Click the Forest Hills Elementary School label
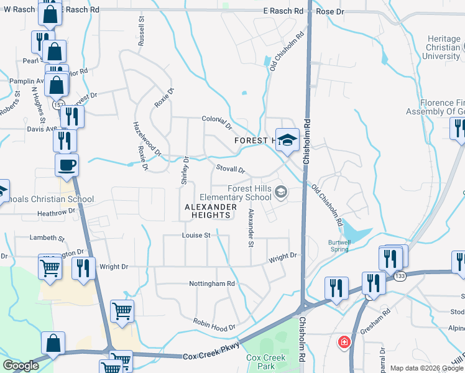pyautogui.click(x=249, y=193)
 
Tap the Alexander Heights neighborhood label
pyautogui.click(x=211, y=211)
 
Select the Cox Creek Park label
pyautogui.click(x=265, y=362)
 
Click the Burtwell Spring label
pyautogui.click(x=344, y=246)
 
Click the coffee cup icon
pyautogui.click(x=67, y=165)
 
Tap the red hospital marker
pyautogui.click(x=343, y=342)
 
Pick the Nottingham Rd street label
pyautogui.click(x=213, y=283)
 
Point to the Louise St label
pyautogui.click(x=196, y=235)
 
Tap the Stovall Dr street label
pyautogui.click(x=231, y=169)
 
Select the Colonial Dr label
pyautogui.click(x=216, y=122)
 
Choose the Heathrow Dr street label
pyautogui.click(x=56, y=211)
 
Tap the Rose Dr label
pyautogui.click(x=329, y=11)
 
